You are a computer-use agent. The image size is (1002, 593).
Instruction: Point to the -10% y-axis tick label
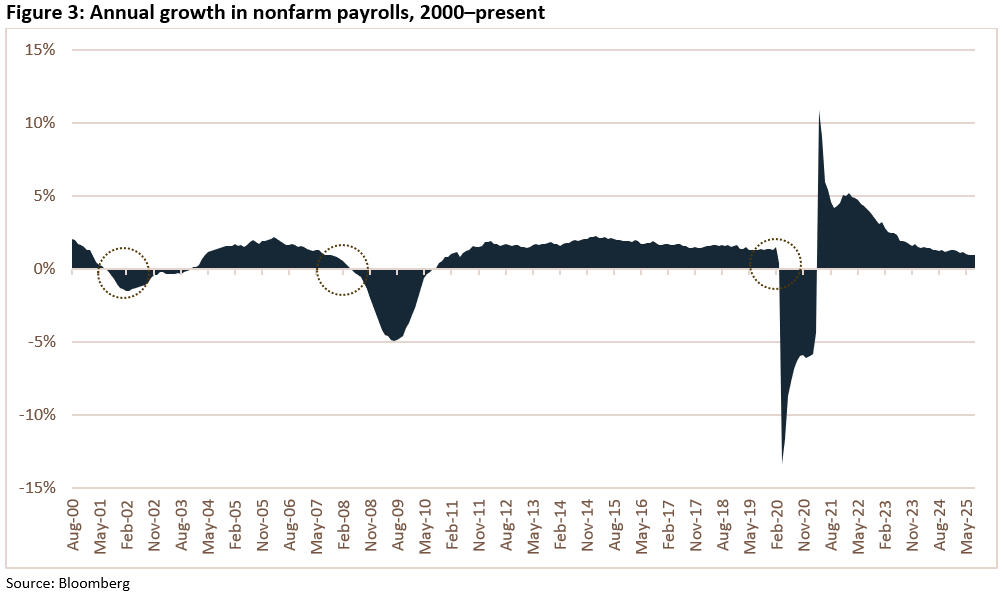tap(36, 415)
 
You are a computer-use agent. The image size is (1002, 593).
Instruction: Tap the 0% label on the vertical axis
tap(43, 269)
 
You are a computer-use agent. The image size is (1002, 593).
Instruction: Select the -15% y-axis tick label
tap(36, 488)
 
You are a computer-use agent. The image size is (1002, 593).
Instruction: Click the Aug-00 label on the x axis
tap(73, 526)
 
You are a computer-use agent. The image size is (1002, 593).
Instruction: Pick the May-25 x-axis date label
tap(967, 526)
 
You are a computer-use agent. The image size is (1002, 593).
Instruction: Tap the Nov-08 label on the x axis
tap(370, 526)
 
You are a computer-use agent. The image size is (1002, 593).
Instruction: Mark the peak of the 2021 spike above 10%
tap(820, 112)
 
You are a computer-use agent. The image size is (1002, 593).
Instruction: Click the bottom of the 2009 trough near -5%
tap(395, 340)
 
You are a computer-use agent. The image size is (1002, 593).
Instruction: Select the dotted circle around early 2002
tap(124, 273)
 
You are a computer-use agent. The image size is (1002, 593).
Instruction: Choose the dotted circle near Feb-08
tap(343, 270)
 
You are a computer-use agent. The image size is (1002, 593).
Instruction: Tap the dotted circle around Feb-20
tap(776, 264)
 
